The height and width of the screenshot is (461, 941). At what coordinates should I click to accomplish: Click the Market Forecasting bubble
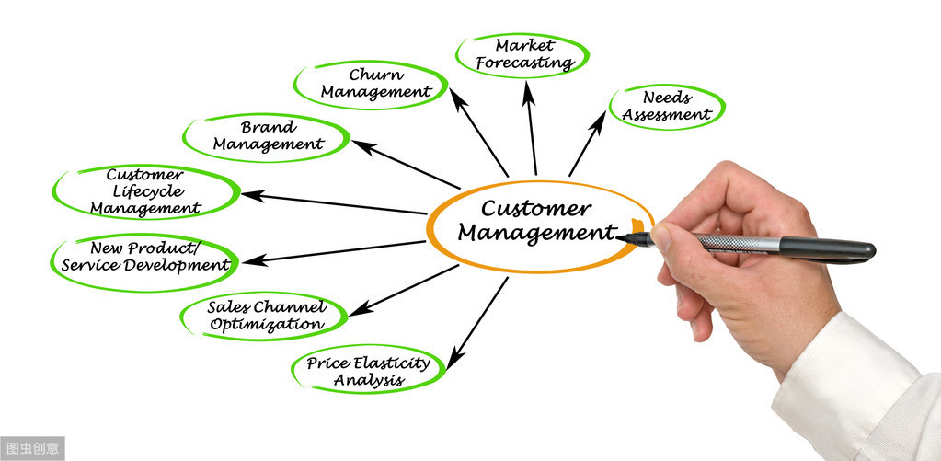point(522,54)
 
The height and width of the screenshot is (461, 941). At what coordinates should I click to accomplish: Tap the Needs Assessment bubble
point(667,106)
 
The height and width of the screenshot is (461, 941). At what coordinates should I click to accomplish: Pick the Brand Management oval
point(268,135)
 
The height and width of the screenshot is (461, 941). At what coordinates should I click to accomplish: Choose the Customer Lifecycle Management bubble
point(145,191)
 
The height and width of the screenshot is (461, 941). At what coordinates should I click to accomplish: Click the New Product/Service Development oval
point(145,257)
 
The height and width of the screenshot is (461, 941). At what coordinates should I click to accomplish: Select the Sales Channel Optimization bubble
point(266,316)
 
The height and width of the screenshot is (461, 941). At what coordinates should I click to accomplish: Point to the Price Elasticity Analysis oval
point(368,371)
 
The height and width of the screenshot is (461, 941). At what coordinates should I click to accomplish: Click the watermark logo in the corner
point(32,449)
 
